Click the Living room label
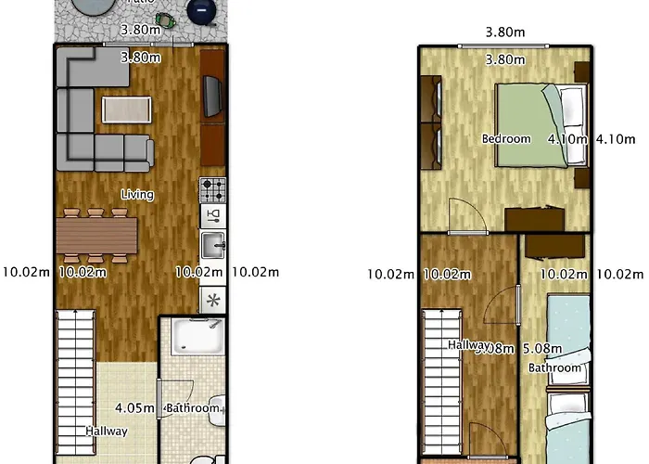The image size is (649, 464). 137,195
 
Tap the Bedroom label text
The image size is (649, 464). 506,139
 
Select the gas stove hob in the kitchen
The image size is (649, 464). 212,190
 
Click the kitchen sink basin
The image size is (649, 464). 212,246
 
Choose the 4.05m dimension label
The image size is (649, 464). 134,407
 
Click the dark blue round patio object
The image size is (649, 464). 201,11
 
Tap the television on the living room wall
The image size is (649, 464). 212,93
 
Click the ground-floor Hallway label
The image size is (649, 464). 107,432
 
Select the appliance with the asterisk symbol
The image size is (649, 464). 212,300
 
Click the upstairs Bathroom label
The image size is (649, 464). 555,367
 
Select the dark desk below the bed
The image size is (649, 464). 534,218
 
